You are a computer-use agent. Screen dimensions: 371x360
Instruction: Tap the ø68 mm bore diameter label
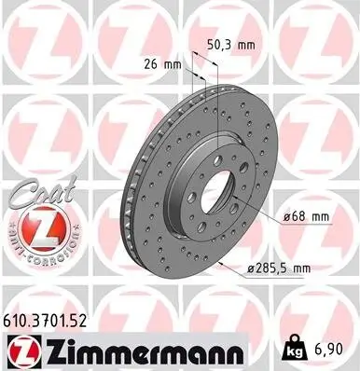(x=305, y=216)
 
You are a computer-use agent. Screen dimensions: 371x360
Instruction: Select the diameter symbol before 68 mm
(x=285, y=216)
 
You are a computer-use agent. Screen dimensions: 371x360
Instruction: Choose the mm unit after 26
(x=173, y=65)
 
